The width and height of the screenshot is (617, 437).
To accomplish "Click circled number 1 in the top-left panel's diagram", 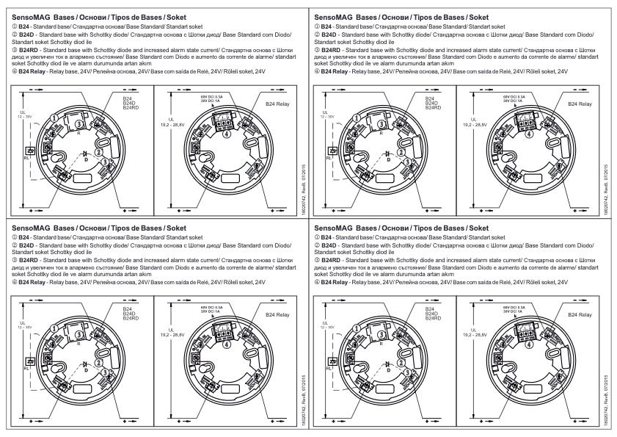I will click(x=54, y=117).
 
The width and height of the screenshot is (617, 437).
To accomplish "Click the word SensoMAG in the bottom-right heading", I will click(x=336, y=228).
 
